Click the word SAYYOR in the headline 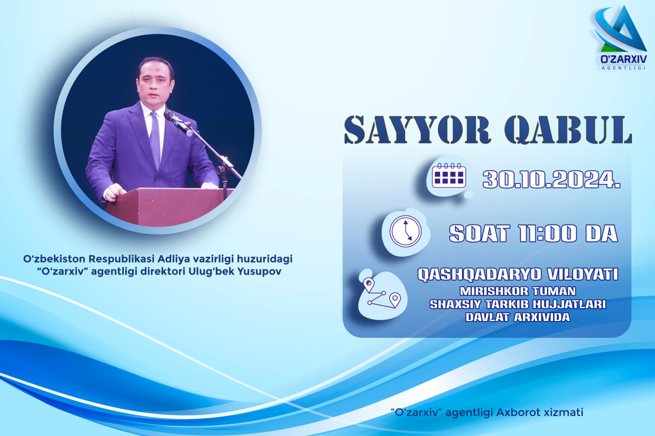pyautogui.click(x=417, y=130)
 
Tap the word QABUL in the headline pyautogui.click(x=569, y=130)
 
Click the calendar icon pyautogui.click(x=449, y=175)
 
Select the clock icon pyautogui.click(x=406, y=231)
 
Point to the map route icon pyautogui.click(x=382, y=293)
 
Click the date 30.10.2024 pyautogui.click(x=552, y=179)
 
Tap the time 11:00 pyautogui.click(x=547, y=233)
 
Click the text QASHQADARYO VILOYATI pyautogui.click(x=517, y=274)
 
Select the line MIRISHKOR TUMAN pyautogui.click(x=518, y=291)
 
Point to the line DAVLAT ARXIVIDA pyautogui.click(x=518, y=317)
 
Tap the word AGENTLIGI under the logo pyautogui.click(x=623, y=68)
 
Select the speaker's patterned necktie pyautogui.click(x=155, y=140)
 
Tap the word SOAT pyautogui.click(x=479, y=233)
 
